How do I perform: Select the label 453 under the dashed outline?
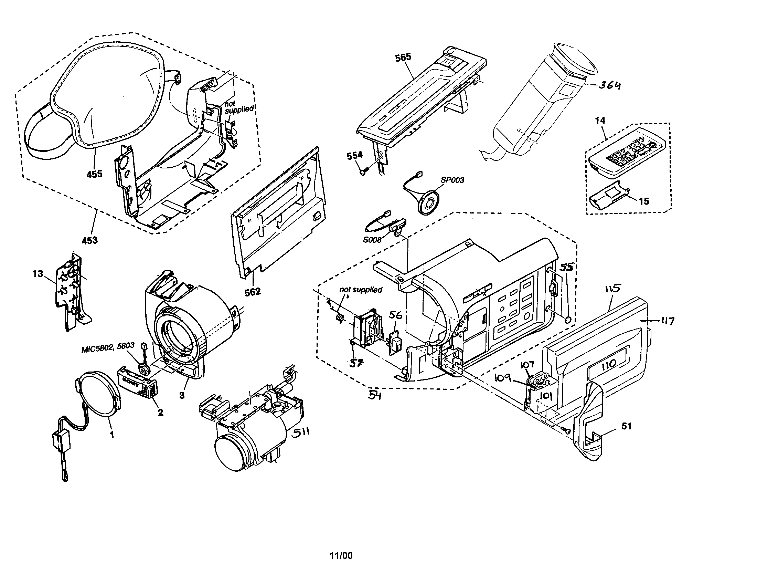(x=89, y=240)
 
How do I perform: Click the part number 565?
(x=403, y=57)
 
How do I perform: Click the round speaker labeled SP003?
(x=429, y=202)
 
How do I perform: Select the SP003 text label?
(x=452, y=180)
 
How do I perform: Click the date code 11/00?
(x=341, y=555)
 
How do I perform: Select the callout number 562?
(x=252, y=292)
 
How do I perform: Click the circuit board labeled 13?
(x=71, y=290)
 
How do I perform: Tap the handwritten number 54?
(x=374, y=395)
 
